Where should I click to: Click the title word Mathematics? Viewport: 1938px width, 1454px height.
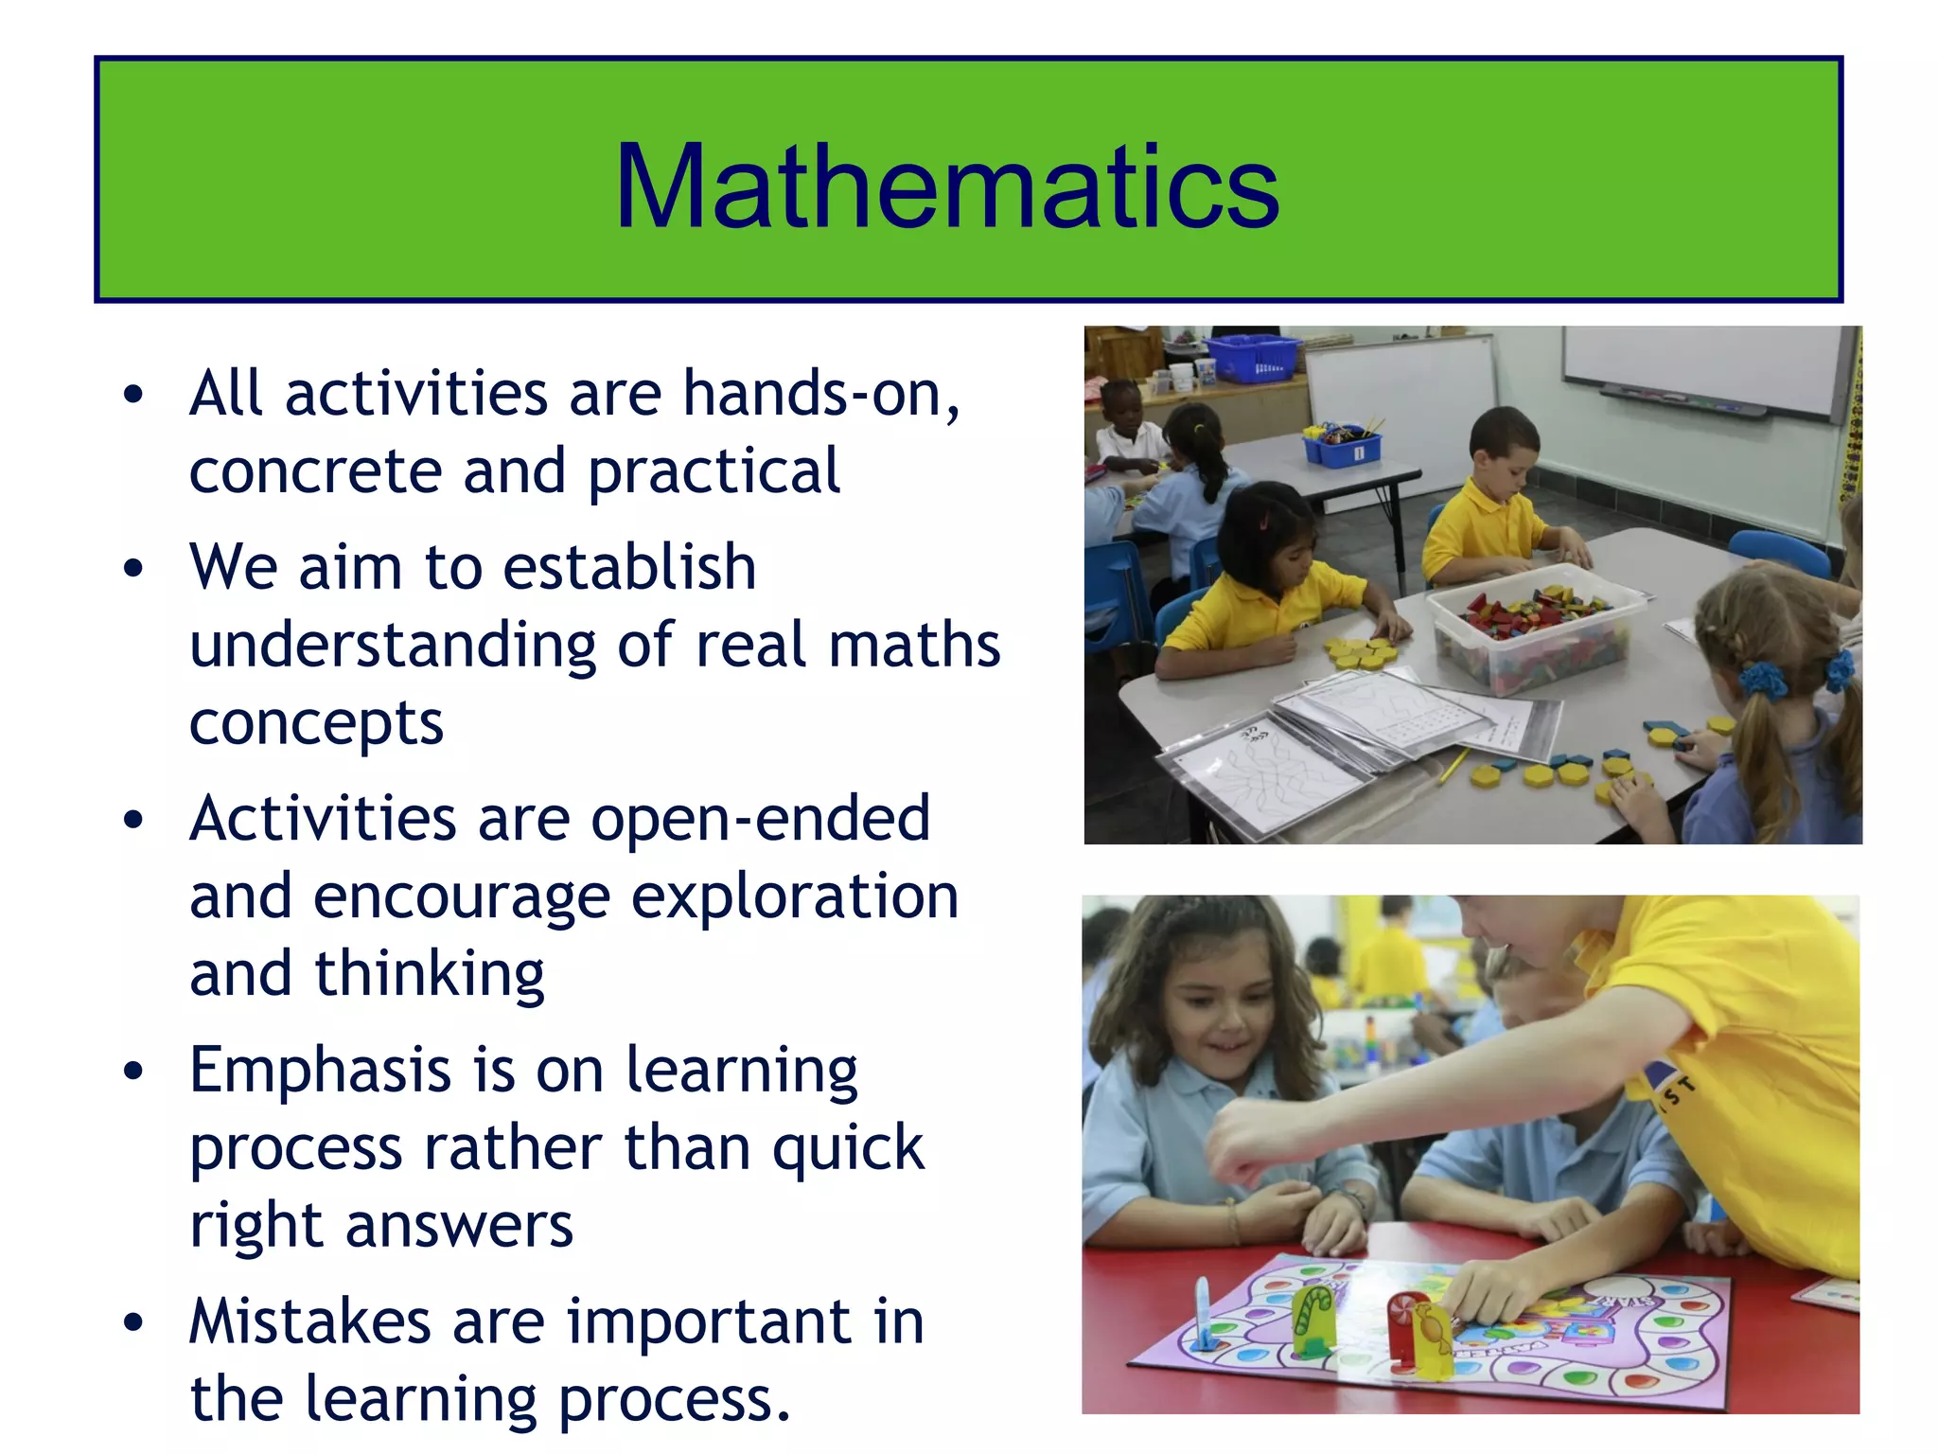[x=946, y=186]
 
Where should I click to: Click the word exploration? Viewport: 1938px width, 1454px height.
[x=795, y=897]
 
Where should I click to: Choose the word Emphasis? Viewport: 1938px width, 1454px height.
[x=320, y=1072]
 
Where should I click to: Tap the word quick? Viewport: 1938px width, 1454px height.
[x=848, y=1149]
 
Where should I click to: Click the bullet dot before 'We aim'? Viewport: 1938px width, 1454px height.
[x=134, y=568]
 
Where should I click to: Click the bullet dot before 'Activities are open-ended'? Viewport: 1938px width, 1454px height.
[x=134, y=820]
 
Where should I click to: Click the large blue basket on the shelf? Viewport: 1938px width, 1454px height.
[x=1251, y=357]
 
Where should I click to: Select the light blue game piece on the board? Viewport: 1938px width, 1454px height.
[x=1203, y=1311]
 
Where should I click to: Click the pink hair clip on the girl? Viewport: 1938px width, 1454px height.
[x=1263, y=519]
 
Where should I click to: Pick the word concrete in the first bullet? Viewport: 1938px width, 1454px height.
[x=315, y=471]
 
